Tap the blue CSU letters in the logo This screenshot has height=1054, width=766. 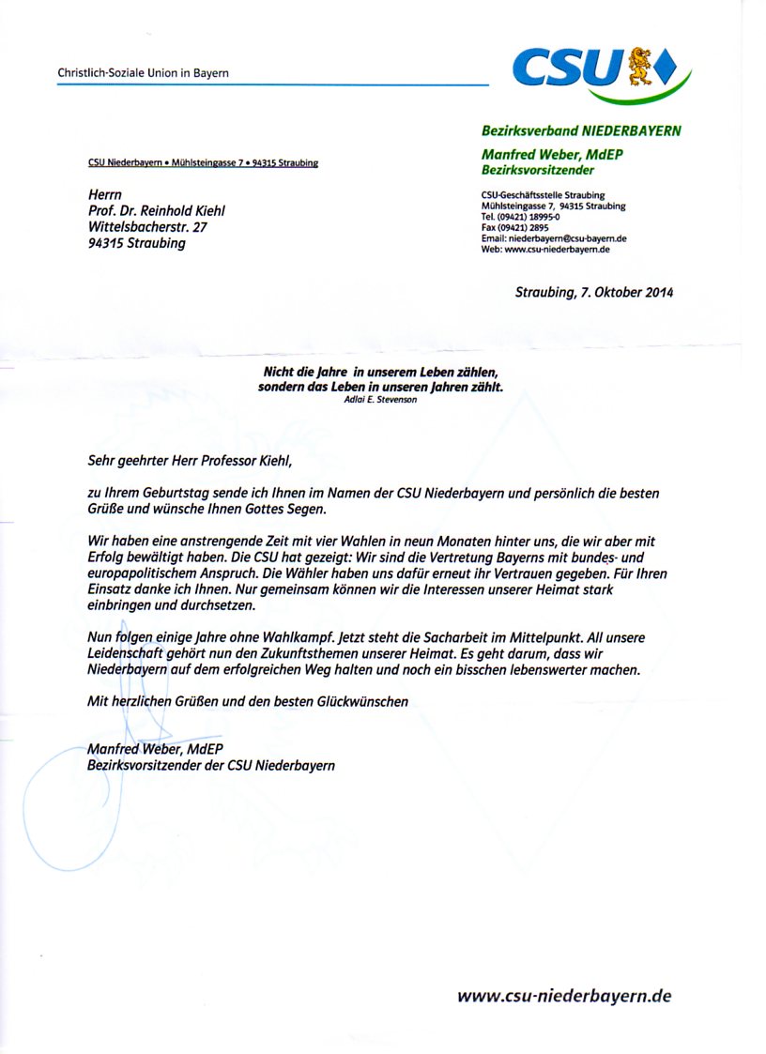568,67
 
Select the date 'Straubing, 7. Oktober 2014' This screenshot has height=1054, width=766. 594,292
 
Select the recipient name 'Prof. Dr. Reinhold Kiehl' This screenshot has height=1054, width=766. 156,210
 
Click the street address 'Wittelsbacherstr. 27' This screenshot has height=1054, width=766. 147,226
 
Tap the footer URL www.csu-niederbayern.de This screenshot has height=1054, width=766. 564,996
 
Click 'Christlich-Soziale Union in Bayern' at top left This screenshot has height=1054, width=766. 143,72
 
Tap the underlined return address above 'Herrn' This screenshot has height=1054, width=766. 203,162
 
